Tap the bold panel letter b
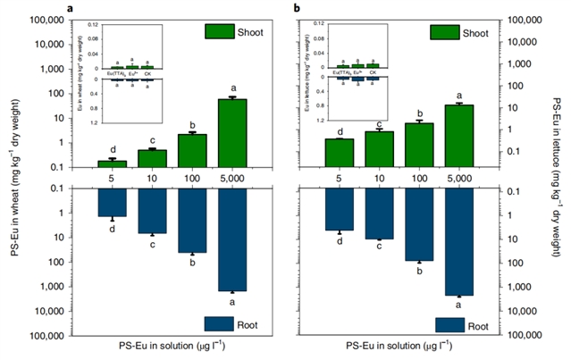click(298, 8)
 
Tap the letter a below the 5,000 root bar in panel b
click(460, 305)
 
